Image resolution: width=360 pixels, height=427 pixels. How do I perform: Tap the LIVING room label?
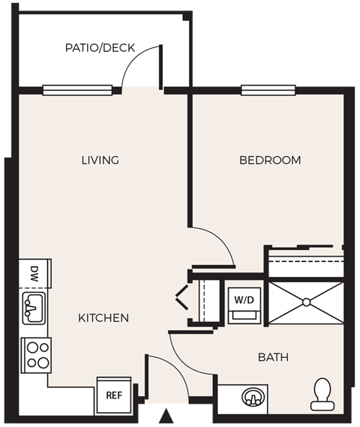pos(100,160)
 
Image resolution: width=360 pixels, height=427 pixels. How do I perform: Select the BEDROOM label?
pos(270,160)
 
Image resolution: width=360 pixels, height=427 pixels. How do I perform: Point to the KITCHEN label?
pos(103,318)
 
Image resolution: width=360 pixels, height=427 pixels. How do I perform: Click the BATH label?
pos(273,357)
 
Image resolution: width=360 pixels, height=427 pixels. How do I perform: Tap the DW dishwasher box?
pos(34,272)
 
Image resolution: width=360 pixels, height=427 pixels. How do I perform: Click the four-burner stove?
pos(36,354)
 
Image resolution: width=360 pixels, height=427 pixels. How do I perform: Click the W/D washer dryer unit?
pos(243,304)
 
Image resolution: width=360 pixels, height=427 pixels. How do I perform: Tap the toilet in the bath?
pos(322,393)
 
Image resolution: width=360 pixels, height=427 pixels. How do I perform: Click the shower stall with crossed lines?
pos(305,302)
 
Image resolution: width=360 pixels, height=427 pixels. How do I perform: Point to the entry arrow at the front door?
pos(166,414)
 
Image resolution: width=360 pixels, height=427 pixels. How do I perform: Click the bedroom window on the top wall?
pos(267,92)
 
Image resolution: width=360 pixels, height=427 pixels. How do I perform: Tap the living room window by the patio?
pos(77,90)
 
